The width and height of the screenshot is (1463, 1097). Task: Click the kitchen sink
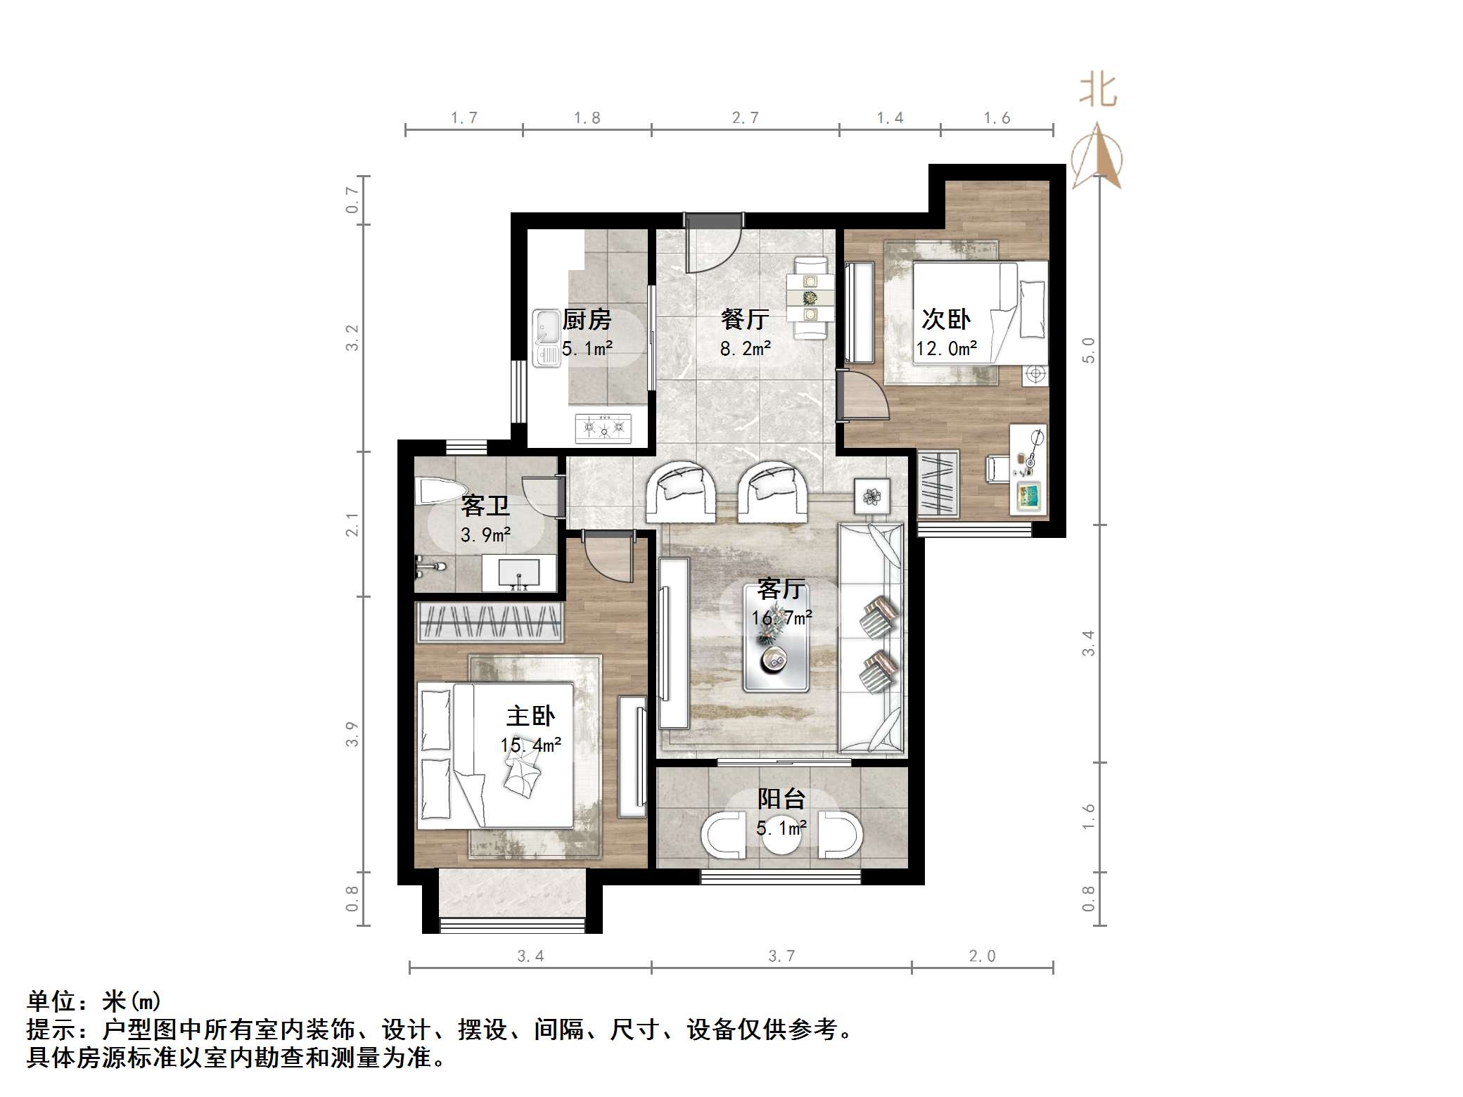point(546,338)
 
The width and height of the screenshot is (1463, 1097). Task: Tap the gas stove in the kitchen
point(603,428)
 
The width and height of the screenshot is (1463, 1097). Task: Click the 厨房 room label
point(587,320)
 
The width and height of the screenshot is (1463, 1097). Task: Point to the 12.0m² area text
point(946,349)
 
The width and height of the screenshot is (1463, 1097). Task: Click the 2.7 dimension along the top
point(745,118)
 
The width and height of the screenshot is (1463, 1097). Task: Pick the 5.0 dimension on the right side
point(1088,350)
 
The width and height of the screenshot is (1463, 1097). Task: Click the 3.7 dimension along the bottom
point(781,956)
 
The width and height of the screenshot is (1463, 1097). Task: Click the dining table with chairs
point(810,300)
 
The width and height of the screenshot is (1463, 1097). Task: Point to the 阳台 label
point(781,799)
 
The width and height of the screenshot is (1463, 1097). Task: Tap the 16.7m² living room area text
point(781,618)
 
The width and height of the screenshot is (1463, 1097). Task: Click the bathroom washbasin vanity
point(519,574)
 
